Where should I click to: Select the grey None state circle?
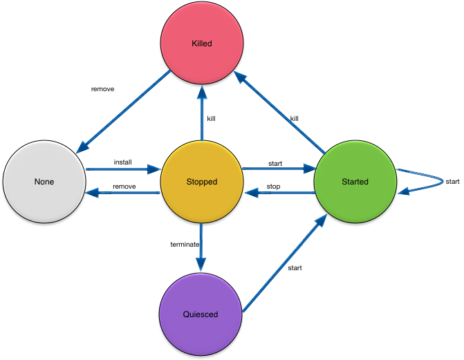point(44,182)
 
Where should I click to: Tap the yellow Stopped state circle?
point(201,182)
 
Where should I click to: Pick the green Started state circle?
point(355,182)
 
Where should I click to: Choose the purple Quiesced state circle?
point(201,314)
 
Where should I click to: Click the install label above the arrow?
point(122,162)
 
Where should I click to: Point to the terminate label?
point(185,244)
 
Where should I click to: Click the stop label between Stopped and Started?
point(273,187)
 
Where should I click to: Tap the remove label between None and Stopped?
point(124,187)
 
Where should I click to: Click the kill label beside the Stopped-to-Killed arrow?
point(211,118)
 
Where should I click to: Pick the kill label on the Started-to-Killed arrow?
point(294,118)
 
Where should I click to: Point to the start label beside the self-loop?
point(453,182)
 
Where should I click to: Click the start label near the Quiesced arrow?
point(294,267)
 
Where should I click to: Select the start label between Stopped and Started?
point(275,164)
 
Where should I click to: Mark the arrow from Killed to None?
point(124,111)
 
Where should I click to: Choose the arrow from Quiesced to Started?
point(284,263)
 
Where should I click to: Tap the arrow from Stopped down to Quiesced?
point(201,245)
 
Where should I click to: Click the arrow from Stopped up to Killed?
point(201,114)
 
